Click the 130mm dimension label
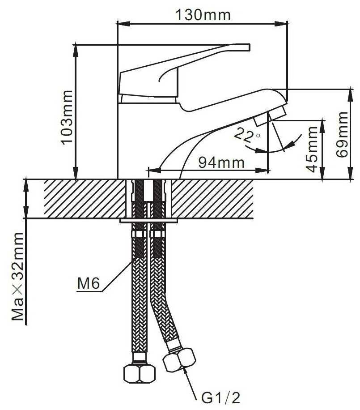(x=203, y=15)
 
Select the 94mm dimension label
(x=221, y=162)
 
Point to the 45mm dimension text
(x=312, y=149)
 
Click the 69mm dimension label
(x=342, y=134)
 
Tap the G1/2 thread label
(x=220, y=398)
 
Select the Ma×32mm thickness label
(x=18, y=276)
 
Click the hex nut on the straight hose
(x=139, y=374)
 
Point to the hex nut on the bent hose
(x=179, y=360)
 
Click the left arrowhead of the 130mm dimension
(x=123, y=24)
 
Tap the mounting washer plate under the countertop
(x=148, y=221)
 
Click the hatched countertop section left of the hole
(x=85, y=199)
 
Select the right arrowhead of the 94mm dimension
(x=262, y=171)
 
